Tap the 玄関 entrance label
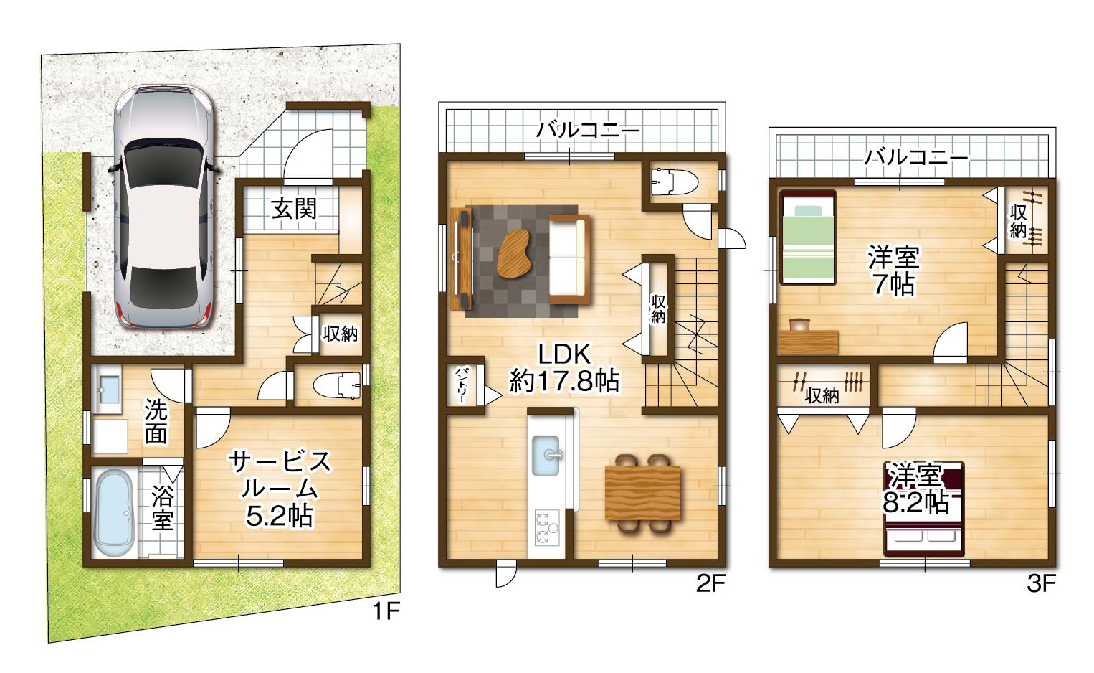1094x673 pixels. tap(294, 209)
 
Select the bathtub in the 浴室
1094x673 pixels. tap(115, 513)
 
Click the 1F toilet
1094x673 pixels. tap(336, 385)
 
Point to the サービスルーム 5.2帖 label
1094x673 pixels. tap(280, 489)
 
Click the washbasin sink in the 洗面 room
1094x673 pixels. tap(110, 390)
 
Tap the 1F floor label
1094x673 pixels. tap(387, 611)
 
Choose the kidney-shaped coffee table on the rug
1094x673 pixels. tap(514, 253)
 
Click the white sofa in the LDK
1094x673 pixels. tap(569, 260)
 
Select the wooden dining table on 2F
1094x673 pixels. tap(643, 493)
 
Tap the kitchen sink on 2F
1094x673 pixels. tap(546, 456)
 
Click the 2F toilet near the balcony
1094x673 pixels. tap(675, 182)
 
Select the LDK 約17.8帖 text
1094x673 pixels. tap(565, 368)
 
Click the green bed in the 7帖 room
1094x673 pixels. tap(808, 237)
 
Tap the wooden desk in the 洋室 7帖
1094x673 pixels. tap(808, 342)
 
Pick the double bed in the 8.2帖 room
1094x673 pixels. tap(924, 509)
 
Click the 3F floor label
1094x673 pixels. tap(1041, 583)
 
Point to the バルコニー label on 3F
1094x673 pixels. tap(916, 157)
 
